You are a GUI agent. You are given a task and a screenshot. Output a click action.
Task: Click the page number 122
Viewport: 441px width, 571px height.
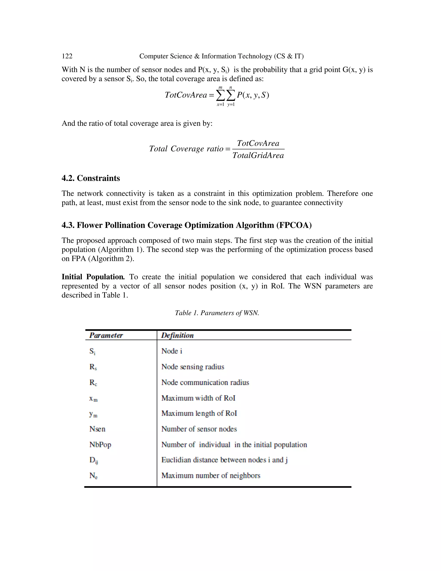click(67, 56)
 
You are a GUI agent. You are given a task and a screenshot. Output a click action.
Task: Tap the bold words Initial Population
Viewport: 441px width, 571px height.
click(93, 277)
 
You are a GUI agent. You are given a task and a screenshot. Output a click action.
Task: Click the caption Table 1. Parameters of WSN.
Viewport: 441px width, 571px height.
click(217, 313)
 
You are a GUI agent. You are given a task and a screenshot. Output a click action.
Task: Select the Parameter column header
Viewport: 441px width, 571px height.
click(106, 335)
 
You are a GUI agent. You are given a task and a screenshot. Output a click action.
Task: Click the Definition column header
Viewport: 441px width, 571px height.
click(177, 335)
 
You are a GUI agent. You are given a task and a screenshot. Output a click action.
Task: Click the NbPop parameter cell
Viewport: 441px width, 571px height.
click(100, 445)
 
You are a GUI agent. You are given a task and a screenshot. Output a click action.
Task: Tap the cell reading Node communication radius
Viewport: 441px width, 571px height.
click(205, 382)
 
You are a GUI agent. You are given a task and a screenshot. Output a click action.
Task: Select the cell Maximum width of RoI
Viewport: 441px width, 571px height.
click(198, 398)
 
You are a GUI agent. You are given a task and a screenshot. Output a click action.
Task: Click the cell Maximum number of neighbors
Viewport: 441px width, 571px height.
click(211, 476)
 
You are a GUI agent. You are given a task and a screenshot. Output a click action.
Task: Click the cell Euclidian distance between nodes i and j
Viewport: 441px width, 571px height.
click(224, 460)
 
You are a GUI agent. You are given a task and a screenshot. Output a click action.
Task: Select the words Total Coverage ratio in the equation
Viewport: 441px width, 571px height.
click(186, 149)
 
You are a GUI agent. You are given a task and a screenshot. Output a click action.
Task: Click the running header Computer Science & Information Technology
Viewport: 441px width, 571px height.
click(221, 56)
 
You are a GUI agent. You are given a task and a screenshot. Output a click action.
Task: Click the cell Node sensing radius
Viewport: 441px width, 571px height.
click(193, 367)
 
